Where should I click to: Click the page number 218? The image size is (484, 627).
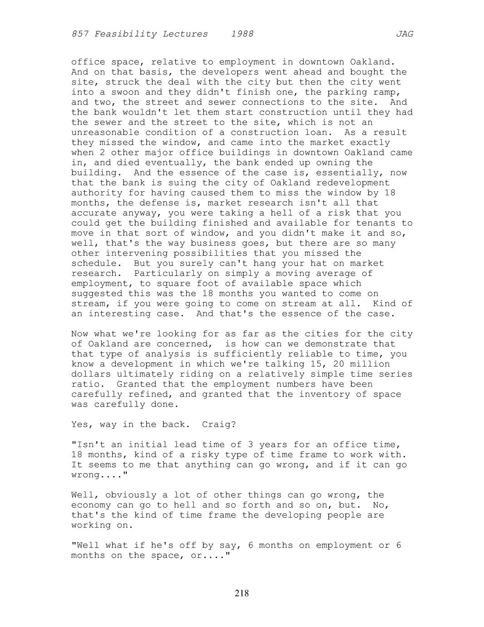(x=242, y=593)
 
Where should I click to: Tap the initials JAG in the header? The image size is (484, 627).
(x=404, y=34)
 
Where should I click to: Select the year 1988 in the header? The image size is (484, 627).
(x=242, y=34)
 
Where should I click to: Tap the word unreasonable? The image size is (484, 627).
(x=105, y=133)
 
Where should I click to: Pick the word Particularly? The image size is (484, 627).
(x=168, y=274)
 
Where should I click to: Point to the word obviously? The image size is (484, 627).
(x=131, y=495)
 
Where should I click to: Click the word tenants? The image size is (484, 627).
(x=367, y=223)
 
